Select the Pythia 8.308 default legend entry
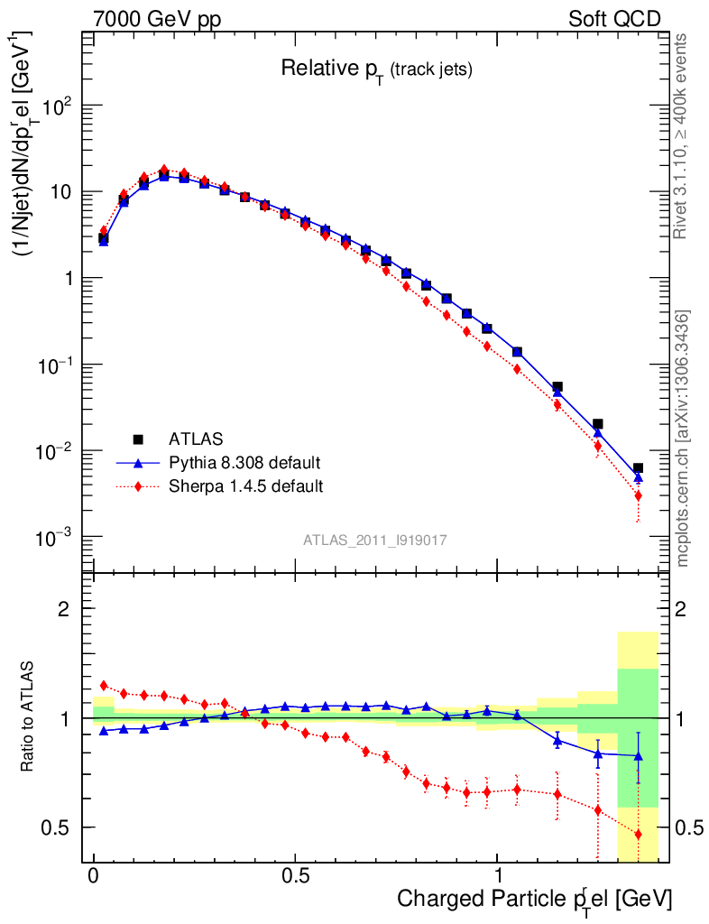[x=244, y=463]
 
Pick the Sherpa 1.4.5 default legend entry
[x=245, y=486]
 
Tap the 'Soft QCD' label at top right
[x=614, y=19]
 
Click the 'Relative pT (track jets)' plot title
[x=376, y=69]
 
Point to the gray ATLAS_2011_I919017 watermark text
[x=375, y=540]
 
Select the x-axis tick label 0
[x=94, y=876]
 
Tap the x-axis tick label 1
[x=498, y=876]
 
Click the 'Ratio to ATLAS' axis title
[x=28, y=718]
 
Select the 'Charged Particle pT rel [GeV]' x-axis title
[x=534, y=900]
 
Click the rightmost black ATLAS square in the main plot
[x=638, y=468]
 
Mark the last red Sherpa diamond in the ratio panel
[x=638, y=835]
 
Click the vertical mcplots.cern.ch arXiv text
[x=683, y=439]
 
